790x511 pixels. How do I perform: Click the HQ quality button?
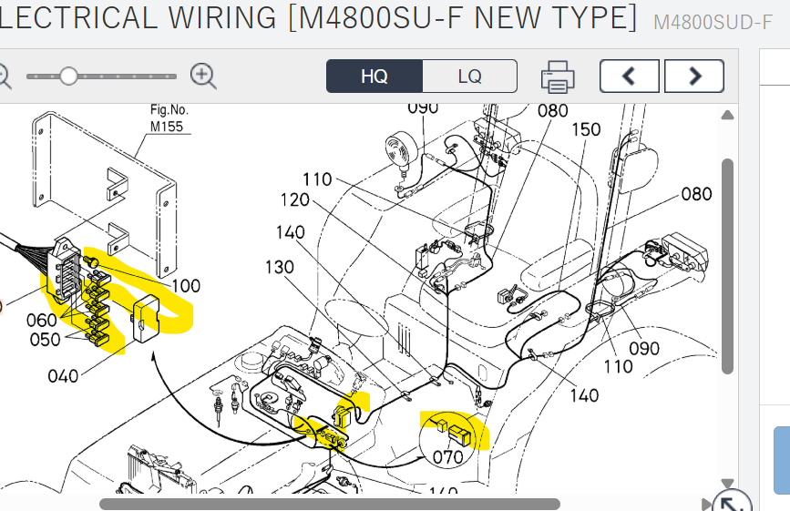click(374, 77)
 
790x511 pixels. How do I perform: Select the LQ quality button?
click(469, 77)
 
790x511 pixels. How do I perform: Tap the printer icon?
click(558, 77)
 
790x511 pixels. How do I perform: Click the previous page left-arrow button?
click(629, 77)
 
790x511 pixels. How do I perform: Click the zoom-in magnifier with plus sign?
click(203, 77)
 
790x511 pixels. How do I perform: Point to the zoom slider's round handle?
click(68, 77)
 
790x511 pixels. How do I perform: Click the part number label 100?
click(186, 286)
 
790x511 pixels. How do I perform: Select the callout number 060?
click(41, 320)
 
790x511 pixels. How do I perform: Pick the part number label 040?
click(63, 375)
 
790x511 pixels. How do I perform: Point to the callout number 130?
click(281, 267)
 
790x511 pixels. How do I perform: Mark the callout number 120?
click(294, 200)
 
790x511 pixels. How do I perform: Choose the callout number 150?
click(586, 129)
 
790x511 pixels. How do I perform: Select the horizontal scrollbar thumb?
click(328, 504)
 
